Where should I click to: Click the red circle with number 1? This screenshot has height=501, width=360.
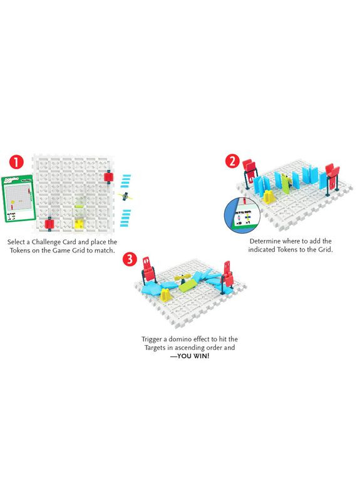[x=18, y=162]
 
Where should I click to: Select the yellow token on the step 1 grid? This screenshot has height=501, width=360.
[x=80, y=222]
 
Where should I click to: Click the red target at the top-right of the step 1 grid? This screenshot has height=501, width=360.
[x=109, y=177]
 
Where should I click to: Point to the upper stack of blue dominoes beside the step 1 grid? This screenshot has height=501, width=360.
[x=126, y=181]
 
